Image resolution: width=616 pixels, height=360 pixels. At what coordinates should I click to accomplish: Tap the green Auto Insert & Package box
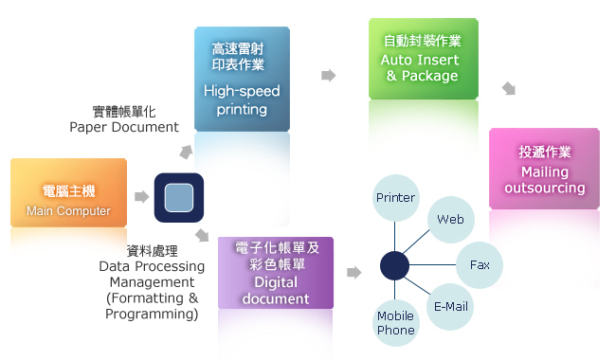[423, 59]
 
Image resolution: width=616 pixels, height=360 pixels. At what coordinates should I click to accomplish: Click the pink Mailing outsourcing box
[544, 168]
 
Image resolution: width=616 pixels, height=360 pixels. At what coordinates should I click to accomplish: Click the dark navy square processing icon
[180, 199]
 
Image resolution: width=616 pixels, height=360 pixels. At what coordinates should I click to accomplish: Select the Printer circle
[396, 198]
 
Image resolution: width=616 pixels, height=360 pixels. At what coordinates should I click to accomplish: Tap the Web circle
[450, 220]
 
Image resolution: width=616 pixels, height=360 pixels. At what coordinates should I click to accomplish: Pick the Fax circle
[480, 264]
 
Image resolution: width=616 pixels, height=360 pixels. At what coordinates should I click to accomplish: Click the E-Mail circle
[450, 306]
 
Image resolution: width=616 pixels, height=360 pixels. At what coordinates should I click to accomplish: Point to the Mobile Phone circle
[396, 323]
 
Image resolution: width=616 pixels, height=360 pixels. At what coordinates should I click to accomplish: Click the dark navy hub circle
[394, 264]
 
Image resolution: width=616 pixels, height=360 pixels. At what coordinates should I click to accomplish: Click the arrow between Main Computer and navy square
[141, 197]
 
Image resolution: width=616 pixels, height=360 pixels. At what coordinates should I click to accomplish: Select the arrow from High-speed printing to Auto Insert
[329, 75]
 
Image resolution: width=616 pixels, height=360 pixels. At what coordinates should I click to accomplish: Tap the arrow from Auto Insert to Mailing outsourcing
[509, 89]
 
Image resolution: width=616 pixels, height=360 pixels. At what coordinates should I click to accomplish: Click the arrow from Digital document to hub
[353, 273]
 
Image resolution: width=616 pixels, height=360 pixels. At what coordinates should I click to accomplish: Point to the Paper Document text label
[124, 127]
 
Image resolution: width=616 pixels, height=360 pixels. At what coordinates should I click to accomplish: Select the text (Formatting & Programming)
[153, 306]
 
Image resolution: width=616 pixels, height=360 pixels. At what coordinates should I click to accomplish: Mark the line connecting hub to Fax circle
[433, 264]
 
